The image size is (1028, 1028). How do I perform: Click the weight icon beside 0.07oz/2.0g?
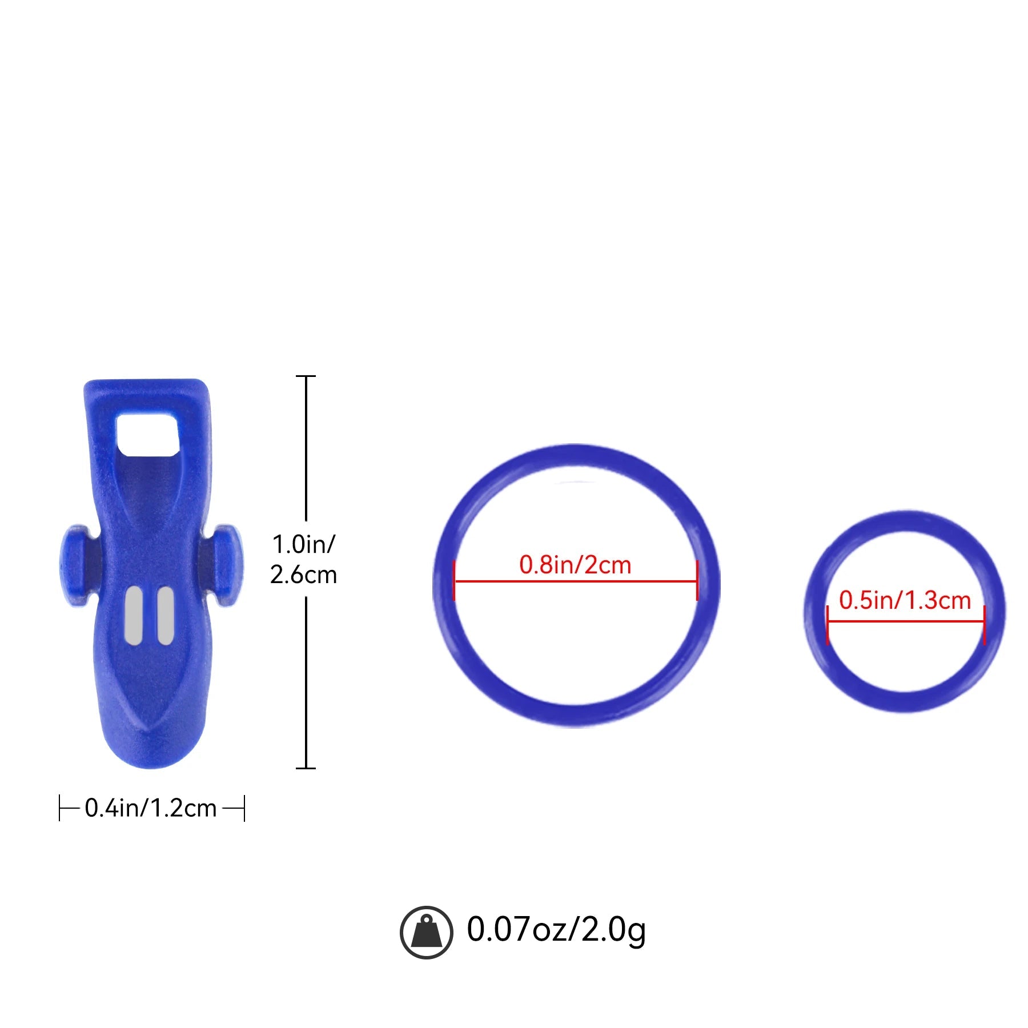426,932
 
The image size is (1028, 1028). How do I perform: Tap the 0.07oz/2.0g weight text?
556,930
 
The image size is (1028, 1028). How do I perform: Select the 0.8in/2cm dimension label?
575,565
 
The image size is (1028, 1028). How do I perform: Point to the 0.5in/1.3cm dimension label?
905,600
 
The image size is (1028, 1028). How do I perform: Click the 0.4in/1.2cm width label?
151,808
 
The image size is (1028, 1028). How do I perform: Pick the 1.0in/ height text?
303,544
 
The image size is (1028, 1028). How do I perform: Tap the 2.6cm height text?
303,575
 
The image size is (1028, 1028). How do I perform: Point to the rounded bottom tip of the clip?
152,754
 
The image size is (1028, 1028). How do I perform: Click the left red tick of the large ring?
454,581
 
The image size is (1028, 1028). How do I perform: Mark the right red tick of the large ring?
697,581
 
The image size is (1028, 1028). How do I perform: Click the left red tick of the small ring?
828,625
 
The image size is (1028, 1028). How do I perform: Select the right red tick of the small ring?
985,625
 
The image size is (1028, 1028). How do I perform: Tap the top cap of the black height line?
306,376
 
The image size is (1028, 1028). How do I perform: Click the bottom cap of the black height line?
306,768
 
